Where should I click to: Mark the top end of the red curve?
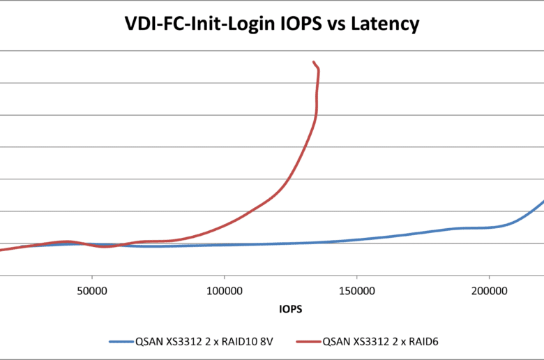pyautogui.click(x=314, y=62)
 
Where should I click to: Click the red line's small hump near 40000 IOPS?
pyautogui.click(x=67, y=241)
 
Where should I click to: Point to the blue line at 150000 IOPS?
pyautogui.click(x=356, y=239)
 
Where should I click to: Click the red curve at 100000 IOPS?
pyautogui.click(x=225, y=225)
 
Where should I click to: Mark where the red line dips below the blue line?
pyautogui.click(x=105, y=246)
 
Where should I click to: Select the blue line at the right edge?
pyautogui.click(x=541, y=202)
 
